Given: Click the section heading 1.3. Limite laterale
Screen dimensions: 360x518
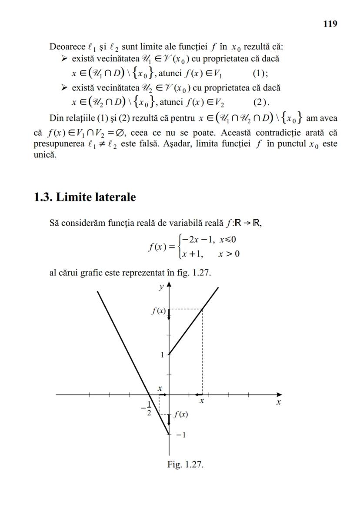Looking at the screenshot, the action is pyautogui.click(x=85, y=197).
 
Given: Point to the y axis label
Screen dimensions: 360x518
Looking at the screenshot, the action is pyautogui.click(x=161, y=287).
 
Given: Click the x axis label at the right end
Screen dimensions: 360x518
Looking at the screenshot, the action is pyautogui.click(x=278, y=403).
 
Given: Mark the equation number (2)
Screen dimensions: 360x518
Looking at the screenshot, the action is pyautogui.click(x=261, y=103).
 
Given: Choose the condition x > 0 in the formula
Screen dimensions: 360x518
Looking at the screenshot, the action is pyautogui.click(x=229, y=254).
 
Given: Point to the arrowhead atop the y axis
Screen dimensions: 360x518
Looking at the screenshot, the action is pyautogui.click(x=169, y=285).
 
